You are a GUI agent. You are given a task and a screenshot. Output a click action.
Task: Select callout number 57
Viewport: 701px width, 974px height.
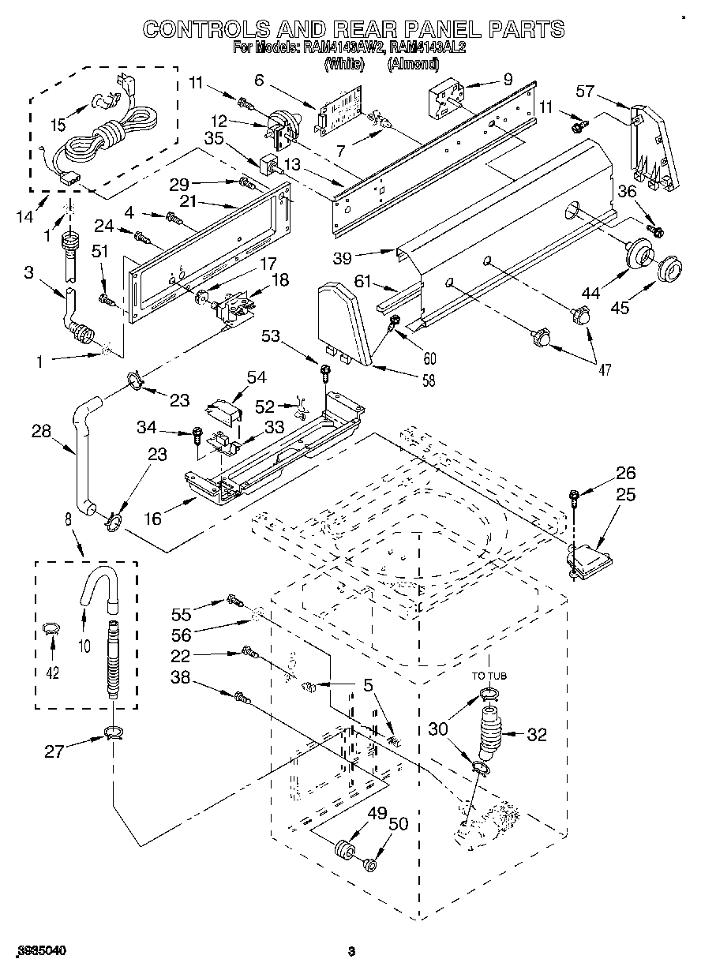584,92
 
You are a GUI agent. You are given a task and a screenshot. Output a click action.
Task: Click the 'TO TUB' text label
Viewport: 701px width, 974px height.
489,676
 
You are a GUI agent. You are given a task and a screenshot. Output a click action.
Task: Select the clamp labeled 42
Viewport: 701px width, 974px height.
52,629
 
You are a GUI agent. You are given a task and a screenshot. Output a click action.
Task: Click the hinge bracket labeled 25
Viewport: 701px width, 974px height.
587,556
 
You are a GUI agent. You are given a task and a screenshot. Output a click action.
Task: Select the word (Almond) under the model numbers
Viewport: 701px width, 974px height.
411,66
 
